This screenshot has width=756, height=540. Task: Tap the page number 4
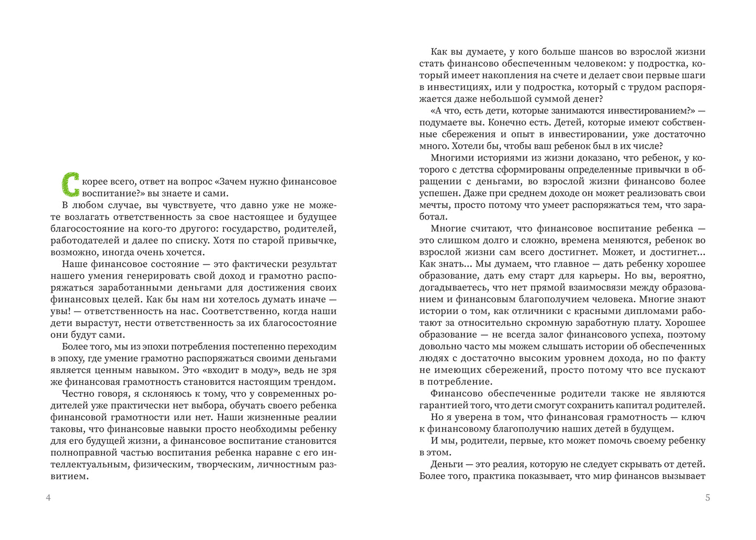[48, 498]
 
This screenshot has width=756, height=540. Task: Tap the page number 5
[707, 498]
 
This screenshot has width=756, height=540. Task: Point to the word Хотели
[526, 146]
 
